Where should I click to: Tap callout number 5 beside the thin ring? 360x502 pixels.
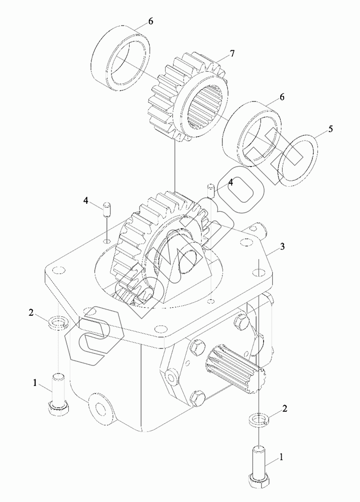click(x=330, y=129)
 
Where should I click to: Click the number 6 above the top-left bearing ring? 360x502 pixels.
click(x=150, y=22)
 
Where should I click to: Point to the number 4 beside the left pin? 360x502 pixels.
click(x=86, y=201)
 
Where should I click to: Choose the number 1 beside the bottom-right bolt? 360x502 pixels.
click(x=282, y=457)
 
